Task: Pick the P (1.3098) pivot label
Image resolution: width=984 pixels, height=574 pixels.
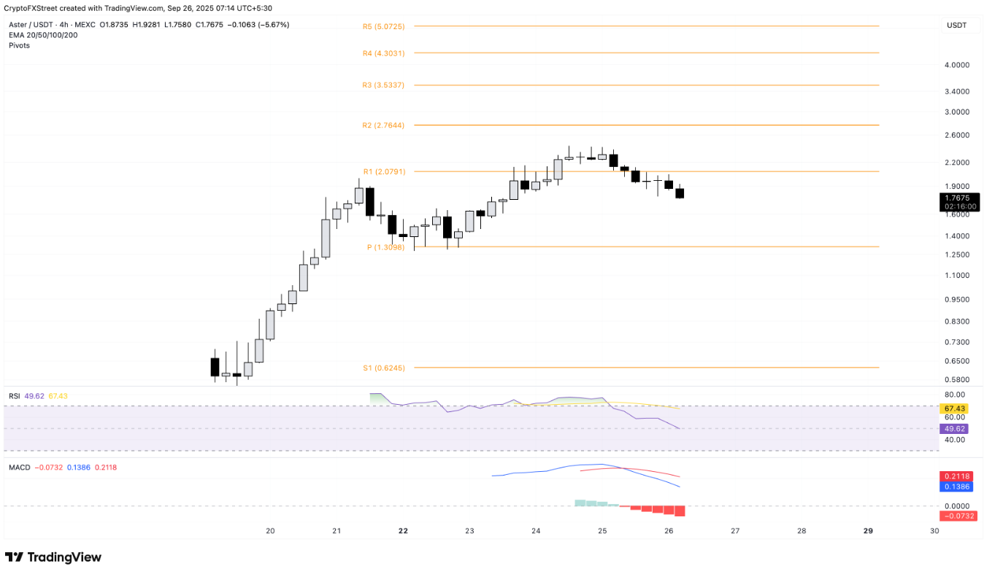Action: coord(385,247)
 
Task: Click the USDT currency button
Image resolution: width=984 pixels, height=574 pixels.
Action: coord(956,26)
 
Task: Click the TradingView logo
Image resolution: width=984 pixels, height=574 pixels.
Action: coord(53,557)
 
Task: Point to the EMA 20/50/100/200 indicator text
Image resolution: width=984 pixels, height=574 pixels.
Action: coord(43,35)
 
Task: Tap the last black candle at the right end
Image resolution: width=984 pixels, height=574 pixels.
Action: coord(680,193)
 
